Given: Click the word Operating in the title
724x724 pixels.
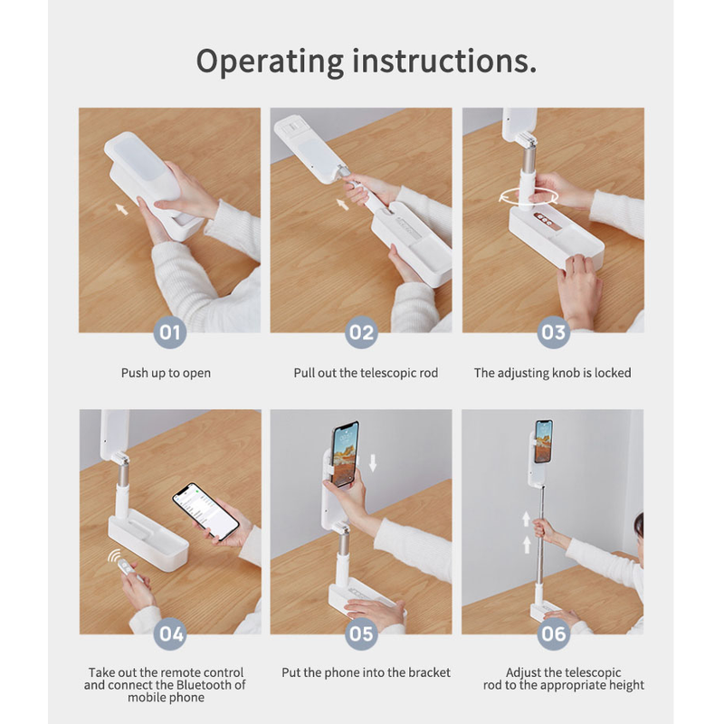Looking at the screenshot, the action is (270, 62).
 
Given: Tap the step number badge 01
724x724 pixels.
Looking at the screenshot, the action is (170, 332).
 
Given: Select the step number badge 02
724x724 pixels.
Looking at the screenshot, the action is (361, 332).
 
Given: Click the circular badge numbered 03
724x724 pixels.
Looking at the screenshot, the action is (553, 332).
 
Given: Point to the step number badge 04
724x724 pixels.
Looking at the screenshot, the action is (170, 633).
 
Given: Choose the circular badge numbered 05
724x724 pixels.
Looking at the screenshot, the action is (361, 633).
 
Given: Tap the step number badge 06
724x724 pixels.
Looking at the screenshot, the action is (553, 633).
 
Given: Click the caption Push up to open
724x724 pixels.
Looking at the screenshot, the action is (166, 373).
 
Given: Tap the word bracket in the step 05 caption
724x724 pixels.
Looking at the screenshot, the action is (430, 672).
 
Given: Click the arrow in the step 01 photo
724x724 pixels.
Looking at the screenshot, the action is (121, 209).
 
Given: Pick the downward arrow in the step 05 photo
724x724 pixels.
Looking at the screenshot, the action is (373, 462).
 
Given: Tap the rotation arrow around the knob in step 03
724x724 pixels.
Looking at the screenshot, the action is (529, 197).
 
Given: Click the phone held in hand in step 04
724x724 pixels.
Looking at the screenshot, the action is (206, 512).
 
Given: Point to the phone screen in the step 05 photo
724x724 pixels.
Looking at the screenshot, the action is (346, 453).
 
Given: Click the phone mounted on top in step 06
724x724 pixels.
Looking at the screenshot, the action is (544, 442).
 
